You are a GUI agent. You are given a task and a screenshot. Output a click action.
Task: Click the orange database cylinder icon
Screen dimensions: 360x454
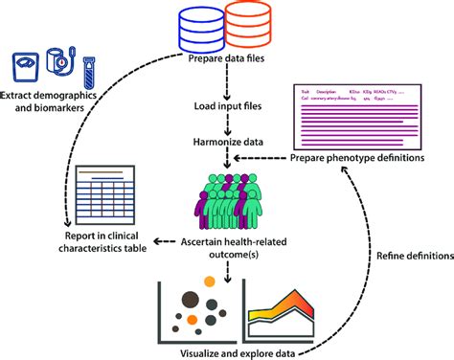244,30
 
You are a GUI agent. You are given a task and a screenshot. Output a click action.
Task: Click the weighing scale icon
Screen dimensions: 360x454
27,69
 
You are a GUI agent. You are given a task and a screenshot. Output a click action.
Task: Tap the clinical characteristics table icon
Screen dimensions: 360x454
105,192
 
